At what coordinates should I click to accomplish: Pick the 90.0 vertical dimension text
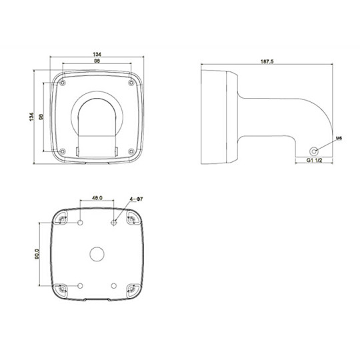pos(37,255)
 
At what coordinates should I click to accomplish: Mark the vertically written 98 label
pos(41,117)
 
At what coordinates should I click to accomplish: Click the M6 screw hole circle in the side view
pos(315,150)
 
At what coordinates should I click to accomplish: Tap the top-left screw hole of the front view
pos(62,83)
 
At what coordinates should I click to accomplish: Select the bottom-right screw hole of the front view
pos(131,151)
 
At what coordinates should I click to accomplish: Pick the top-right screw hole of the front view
pos(131,83)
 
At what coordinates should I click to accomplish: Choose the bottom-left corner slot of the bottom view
pos(63,289)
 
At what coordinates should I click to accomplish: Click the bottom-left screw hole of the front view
pos(62,151)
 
